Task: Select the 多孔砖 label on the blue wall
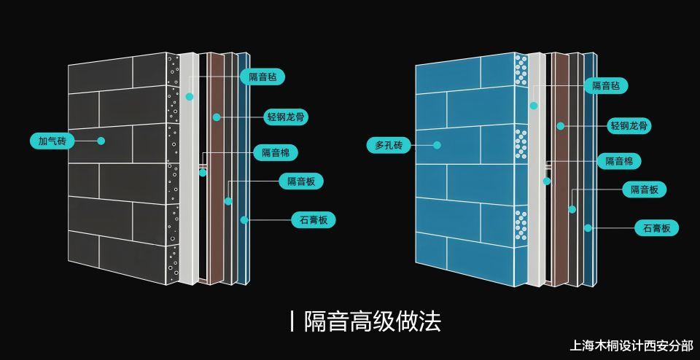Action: point(389,146)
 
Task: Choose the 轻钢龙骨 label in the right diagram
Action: point(629,126)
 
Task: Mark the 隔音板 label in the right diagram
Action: point(645,189)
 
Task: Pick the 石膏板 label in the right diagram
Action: point(657,228)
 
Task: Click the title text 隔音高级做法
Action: point(373,321)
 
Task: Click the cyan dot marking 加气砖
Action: point(101,141)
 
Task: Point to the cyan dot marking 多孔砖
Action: point(437,146)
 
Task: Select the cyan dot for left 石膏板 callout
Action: point(245,219)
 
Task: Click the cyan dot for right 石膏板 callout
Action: point(588,227)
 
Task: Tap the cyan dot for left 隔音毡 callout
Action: point(190,96)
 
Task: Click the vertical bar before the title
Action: point(292,321)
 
